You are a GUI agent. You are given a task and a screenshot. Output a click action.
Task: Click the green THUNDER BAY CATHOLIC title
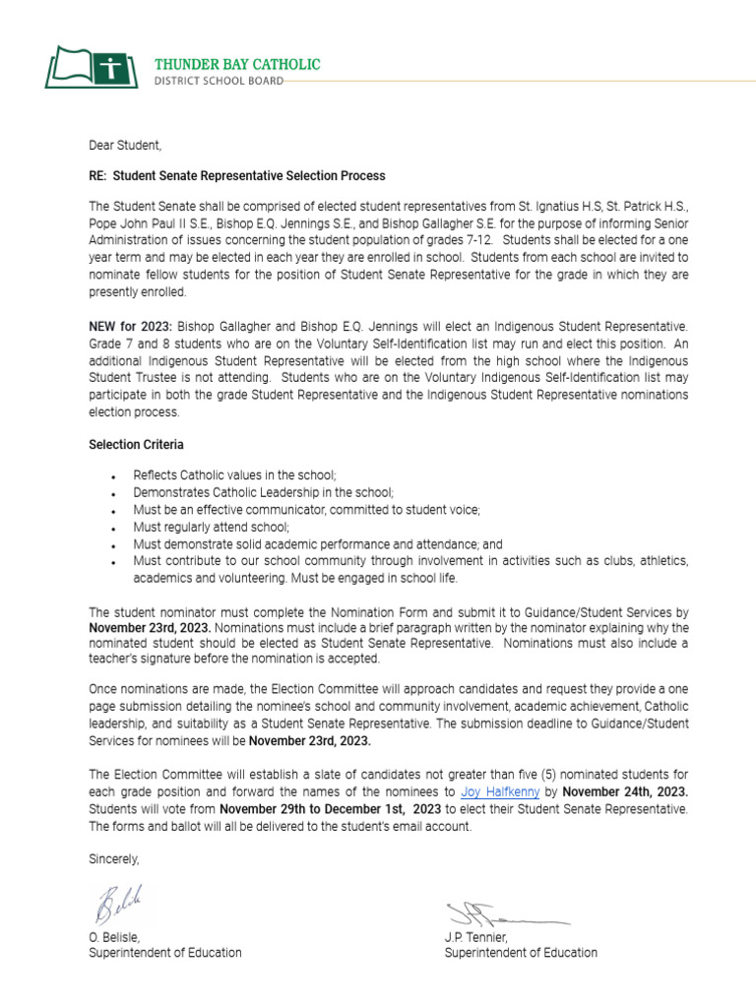237,64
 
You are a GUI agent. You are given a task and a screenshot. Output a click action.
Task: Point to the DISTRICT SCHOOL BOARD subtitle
219,81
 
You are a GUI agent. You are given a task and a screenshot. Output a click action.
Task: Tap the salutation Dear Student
124,146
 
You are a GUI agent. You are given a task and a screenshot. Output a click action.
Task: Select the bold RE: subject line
236,176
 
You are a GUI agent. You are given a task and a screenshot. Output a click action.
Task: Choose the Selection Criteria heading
136,445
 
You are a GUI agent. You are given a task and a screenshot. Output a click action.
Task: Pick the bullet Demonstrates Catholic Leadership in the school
263,492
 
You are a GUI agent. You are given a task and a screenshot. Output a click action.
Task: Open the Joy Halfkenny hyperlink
500,791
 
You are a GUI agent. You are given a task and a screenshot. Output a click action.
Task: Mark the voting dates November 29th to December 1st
330,809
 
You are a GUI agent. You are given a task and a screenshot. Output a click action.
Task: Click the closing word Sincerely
114,859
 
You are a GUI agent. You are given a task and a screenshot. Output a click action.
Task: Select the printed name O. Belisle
114,937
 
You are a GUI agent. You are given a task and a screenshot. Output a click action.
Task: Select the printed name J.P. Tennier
476,937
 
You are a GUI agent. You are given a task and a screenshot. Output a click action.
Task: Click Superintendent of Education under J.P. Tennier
521,953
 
